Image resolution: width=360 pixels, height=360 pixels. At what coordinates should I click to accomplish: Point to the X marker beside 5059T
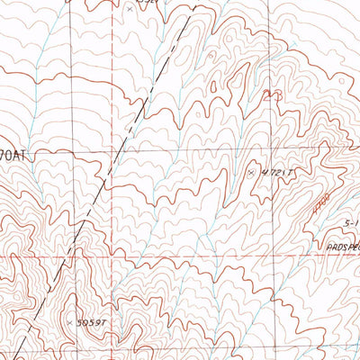(69, 320)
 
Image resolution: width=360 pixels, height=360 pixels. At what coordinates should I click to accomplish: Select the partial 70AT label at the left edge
(15, 156)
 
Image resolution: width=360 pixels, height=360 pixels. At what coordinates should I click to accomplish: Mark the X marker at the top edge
(130, 8)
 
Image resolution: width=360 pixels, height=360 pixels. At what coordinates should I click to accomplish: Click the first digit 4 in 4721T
(262, 170)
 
